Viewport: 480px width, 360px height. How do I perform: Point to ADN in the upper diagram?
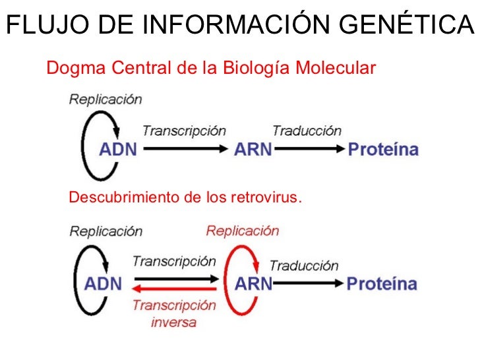(118, 149)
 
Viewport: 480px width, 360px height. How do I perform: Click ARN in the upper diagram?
(253, 149)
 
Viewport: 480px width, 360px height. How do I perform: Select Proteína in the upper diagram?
(383, 149)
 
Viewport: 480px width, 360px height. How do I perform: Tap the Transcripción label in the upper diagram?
(184, 131)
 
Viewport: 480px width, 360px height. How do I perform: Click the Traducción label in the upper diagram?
(307, 131)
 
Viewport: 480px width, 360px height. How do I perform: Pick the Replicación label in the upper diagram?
(105, 100)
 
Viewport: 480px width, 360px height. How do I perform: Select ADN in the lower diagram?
(103, 284)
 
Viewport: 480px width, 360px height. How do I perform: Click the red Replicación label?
(242, 231)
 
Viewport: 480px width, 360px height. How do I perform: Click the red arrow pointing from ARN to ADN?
(175, 289)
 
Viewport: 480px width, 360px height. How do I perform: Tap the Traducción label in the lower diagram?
(304, 266)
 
